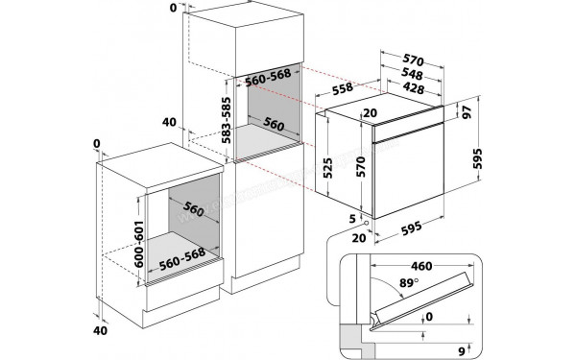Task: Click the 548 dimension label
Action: click(412, 74)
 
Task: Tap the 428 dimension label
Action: click(413, 87)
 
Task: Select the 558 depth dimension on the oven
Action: click(342, 89)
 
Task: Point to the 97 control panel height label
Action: click(467, 111)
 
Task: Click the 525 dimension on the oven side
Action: click(327, 168)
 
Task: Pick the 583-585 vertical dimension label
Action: click(227, 120)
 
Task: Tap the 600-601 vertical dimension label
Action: click(139, 244)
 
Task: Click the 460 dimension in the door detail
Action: click(421, 266)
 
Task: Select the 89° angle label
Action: click(409, 283)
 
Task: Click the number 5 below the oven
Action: click(352, 219)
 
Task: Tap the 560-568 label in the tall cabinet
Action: click(268, 78)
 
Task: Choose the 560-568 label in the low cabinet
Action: click(181, 259)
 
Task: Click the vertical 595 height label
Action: click(477, 158)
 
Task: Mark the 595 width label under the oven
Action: click(412, 228)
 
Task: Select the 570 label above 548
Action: click(413, 60)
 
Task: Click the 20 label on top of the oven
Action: click(370, 112)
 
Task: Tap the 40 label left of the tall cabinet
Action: click(169, 122)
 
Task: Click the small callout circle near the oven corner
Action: click(366, 223)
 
